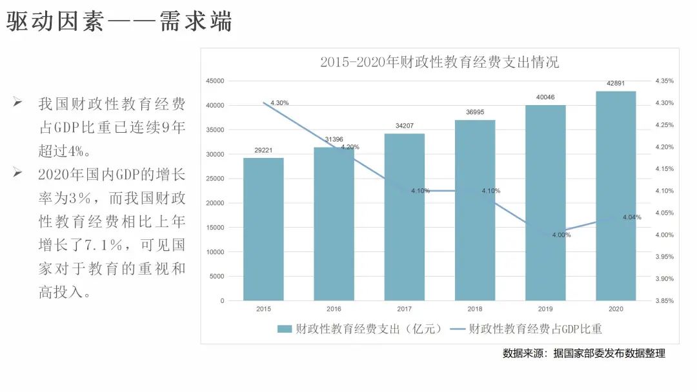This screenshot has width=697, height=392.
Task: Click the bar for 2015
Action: tap(263, 230)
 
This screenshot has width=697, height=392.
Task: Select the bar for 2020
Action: tap(616, 196)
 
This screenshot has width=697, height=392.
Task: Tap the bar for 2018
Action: tap(475, 210)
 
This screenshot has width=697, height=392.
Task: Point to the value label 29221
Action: tap(263, 150)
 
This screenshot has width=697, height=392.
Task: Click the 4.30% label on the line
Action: tap(279, 103)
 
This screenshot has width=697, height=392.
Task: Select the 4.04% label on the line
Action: tap(632, 217)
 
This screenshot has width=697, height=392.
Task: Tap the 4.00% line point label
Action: tap(561, 235)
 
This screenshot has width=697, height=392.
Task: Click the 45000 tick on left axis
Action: tap(215, 81)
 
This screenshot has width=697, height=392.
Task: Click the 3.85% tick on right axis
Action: tap(664, 300)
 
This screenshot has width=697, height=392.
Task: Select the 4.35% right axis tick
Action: tap(664, 81)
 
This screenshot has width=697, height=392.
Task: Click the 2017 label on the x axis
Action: tap(404, 309)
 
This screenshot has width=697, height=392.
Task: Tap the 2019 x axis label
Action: tap(545, 309)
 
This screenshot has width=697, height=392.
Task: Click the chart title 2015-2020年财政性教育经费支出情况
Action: tap(439, 63)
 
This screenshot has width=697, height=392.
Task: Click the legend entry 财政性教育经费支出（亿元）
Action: tap(360, 329)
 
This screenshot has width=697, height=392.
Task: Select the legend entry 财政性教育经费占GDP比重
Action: tap(527, 329)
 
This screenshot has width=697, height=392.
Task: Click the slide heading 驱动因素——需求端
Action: tap(119, 23)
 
